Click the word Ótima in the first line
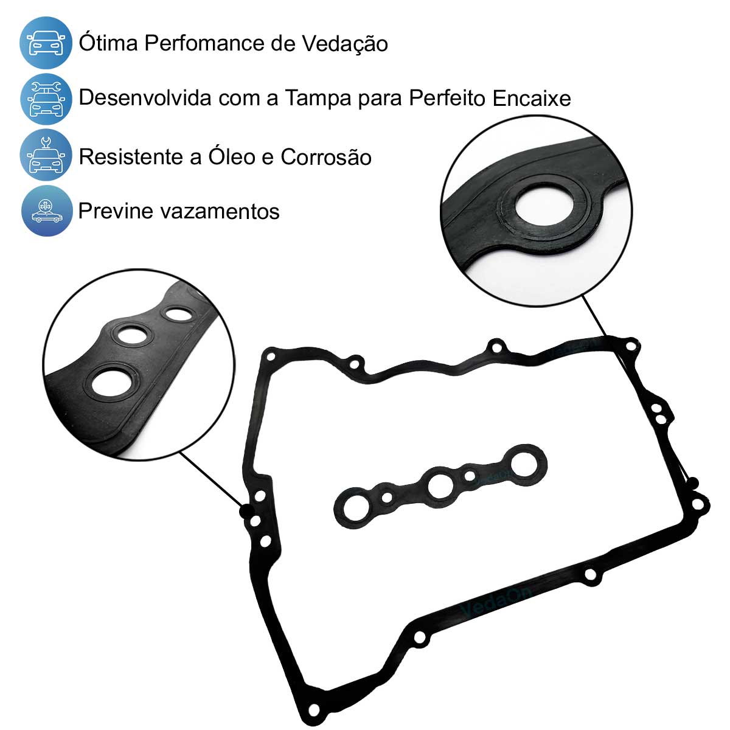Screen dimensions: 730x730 (x=108, y=42)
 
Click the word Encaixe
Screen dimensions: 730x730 (x=532, y=98)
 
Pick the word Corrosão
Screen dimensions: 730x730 (x=326, y=156)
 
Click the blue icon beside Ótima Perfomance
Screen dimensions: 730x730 (x=46, y=43)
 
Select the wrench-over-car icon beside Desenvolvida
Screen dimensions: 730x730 (x=46, y=99)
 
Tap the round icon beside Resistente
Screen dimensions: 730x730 (x=46, y=155)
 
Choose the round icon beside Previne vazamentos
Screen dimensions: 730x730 (x=47, y=210)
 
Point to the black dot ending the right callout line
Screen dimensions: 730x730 (x=692, y=483)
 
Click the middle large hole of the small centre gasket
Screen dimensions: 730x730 (x=440, y=486)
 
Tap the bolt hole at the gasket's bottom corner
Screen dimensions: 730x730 (x=314, y=709)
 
